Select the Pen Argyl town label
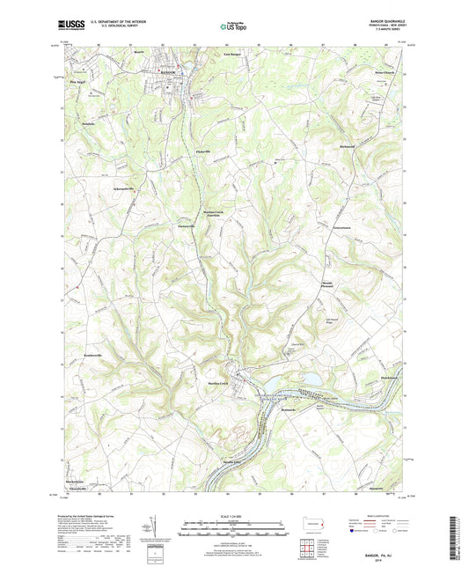[79, 83]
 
